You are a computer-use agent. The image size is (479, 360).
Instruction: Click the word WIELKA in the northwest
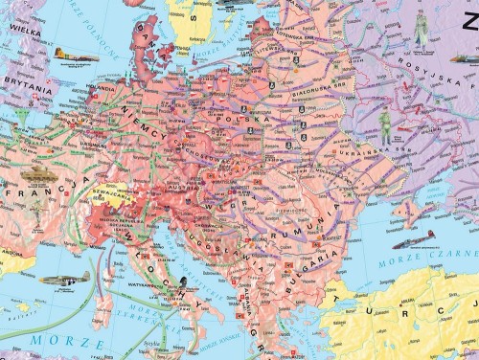[21, 30]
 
